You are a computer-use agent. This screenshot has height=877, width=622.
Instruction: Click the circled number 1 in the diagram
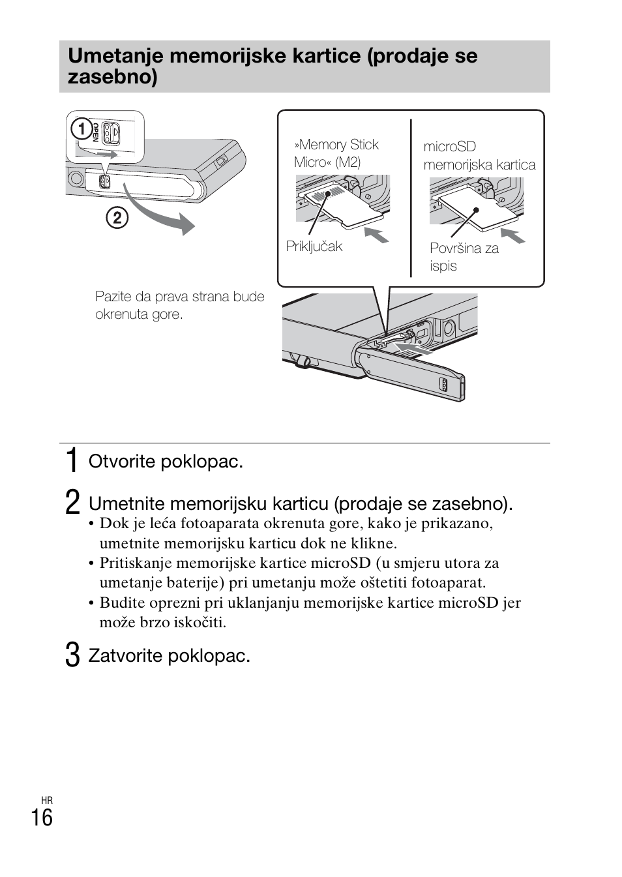[81, 129]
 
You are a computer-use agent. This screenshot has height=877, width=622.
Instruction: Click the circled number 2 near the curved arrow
[117, 217]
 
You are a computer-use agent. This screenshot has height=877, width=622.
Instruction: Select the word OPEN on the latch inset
[96, 132]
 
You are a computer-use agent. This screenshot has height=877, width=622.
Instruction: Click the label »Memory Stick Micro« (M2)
[336, 153]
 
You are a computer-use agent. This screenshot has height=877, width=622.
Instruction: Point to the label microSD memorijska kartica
[479, 156]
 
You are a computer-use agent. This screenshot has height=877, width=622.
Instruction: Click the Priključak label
[314, 246]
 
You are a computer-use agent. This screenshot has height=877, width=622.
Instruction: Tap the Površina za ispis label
[464, 257]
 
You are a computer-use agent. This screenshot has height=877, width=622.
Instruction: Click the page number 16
[42, 818]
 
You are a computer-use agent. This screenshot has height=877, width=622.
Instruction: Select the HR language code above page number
[46, 800]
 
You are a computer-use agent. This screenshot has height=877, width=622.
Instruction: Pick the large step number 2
[73, 503]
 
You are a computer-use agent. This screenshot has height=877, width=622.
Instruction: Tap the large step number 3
[73, 655]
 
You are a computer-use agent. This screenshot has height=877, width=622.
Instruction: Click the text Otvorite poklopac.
[166, 462]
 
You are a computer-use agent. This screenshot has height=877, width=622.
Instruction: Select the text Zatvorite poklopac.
[170, 655]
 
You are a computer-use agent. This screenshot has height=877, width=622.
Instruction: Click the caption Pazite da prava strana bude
[180, 297]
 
